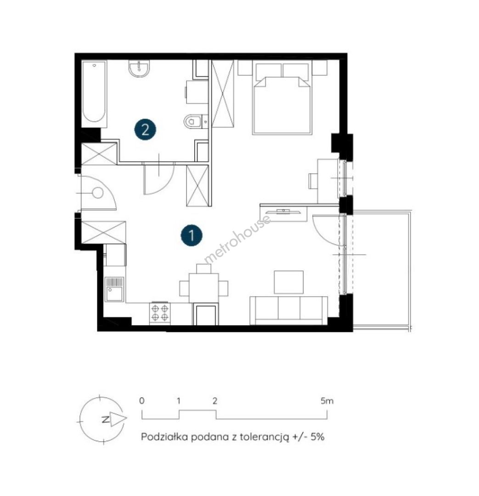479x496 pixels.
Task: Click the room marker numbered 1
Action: [x=192, y=235]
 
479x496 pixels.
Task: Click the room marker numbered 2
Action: [x=145, y=129]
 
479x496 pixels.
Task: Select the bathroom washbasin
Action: [x=139, y=68]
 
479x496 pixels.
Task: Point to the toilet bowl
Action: [x=192, y=121]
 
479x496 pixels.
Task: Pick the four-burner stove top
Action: [x=160, y=313]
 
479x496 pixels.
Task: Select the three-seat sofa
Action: [x=288, y=310]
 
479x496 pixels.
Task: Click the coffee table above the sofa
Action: [x=288, y=282]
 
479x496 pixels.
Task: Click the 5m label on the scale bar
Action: [x=327, y=401]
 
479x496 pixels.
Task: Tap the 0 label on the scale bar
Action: [x=142, y=401]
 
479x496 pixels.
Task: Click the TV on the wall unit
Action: [x=283, y=211]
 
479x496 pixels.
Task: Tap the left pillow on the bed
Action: [x=268, y=70]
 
